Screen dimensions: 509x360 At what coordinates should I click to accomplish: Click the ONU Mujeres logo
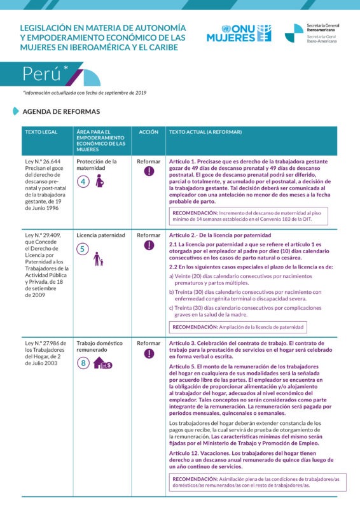238,33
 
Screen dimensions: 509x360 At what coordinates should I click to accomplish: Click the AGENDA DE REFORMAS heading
60,111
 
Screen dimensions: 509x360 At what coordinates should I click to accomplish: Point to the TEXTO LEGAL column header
41,132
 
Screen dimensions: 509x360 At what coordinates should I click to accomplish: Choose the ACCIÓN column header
148,132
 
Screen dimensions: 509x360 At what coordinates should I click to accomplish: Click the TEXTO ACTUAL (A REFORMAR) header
205,132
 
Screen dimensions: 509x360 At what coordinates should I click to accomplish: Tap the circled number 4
83,181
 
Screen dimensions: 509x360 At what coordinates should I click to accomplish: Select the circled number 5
83,249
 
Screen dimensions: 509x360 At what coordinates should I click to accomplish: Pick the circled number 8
83,364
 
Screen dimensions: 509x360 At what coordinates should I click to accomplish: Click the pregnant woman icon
99,181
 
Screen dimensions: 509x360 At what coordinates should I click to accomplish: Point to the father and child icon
98,259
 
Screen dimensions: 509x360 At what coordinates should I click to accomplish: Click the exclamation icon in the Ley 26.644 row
148,171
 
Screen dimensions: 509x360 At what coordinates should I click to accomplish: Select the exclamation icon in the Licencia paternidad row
148,245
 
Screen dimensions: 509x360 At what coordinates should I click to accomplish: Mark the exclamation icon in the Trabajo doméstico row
148,353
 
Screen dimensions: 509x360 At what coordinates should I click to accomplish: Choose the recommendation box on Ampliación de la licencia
237,328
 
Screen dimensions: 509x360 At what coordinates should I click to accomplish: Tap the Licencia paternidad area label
100,235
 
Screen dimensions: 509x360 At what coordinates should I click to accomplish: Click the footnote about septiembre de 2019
85,93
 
